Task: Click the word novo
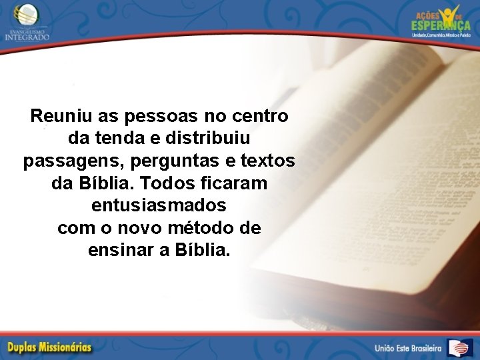[x=141, y=228]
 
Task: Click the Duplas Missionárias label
[x=50, y=347]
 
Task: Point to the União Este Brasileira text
[x=407, y=348]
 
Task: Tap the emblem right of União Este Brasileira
[x=460, y=347]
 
